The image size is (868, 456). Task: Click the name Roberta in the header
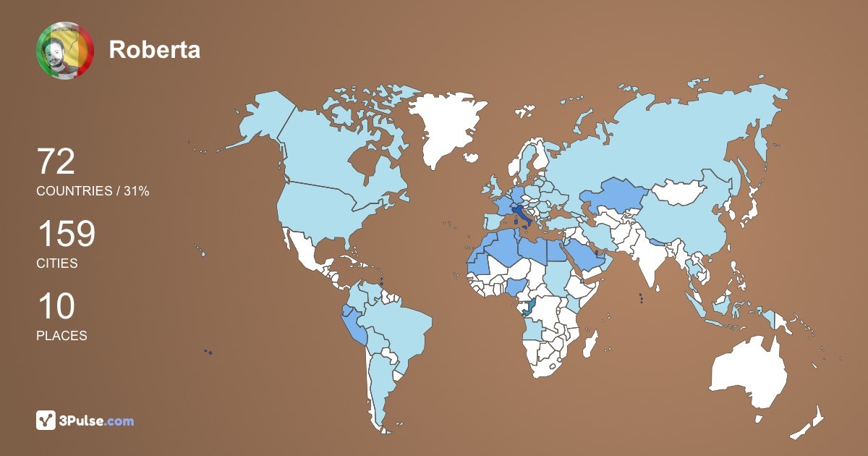point(154,50)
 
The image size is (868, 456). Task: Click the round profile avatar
point(65,50)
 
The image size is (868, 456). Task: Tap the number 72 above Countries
point(56,162)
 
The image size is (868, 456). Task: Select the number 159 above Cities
point(66,235)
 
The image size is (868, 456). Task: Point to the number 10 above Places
point(56,307)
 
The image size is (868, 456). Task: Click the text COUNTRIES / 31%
point(93,191)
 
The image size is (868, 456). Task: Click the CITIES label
point(57,263)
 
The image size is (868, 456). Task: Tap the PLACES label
point(61,336)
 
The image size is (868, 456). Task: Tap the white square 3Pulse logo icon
point(46,421)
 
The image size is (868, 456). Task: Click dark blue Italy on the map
point(521,214)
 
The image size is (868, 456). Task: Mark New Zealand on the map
point(810,423)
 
